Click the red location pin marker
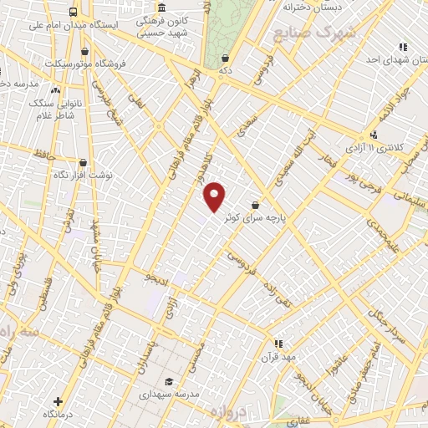click(x=215, y=196)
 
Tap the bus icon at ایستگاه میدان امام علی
click(x=74, y=13)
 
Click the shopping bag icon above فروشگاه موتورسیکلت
click(x=84, y=52)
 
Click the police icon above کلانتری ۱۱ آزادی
click(x=374, y=134)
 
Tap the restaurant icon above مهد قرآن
click(x=279, y=343)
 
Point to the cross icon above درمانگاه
click(x=57, y=401)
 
